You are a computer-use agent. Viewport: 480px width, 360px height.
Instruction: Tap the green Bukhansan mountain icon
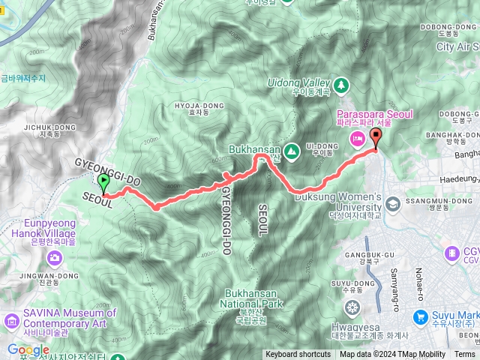point(292,151)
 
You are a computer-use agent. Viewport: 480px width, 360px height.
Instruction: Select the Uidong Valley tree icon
point(342,84)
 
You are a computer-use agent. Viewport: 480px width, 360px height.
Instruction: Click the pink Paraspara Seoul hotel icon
point(358,138)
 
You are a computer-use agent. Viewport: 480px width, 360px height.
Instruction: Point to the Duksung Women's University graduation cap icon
point(392,203)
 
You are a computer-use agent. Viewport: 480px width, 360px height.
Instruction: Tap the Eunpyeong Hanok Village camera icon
point(54,259)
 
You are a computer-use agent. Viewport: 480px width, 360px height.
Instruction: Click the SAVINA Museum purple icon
point(11,321)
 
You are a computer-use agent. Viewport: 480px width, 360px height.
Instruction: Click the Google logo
point(28,349)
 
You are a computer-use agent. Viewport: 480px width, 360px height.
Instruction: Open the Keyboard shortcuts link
point(298,355)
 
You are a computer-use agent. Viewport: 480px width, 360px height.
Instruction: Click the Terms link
point(464,355)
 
